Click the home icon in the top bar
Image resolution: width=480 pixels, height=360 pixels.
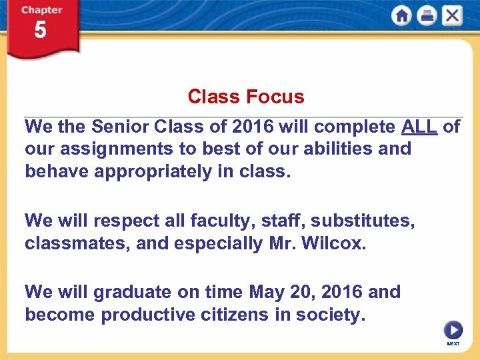tap(401, 16)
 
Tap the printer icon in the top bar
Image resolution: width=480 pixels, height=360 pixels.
tap(427, 16)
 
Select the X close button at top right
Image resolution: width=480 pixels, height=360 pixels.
tap(452, 16)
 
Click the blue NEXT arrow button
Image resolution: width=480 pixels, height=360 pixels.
tap(453, 330)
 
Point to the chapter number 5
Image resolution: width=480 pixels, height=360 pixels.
tap(41, 31)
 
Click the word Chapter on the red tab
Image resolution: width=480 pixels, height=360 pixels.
tap(41, 10)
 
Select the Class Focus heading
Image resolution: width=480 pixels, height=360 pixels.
tap(245, 97)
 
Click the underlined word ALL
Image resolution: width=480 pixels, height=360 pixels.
tap(419, 127)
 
